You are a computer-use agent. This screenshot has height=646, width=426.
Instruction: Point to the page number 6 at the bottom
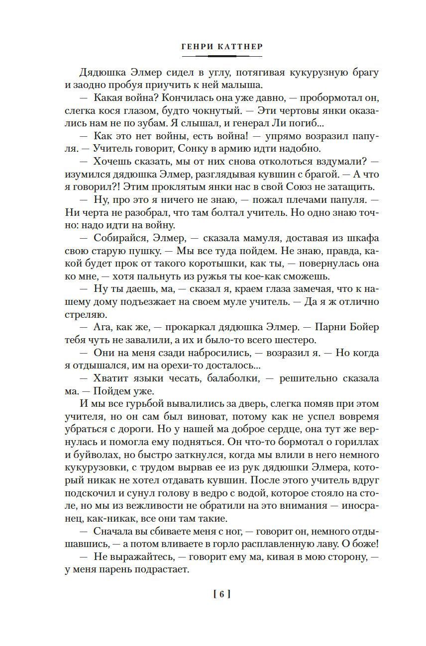221,593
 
